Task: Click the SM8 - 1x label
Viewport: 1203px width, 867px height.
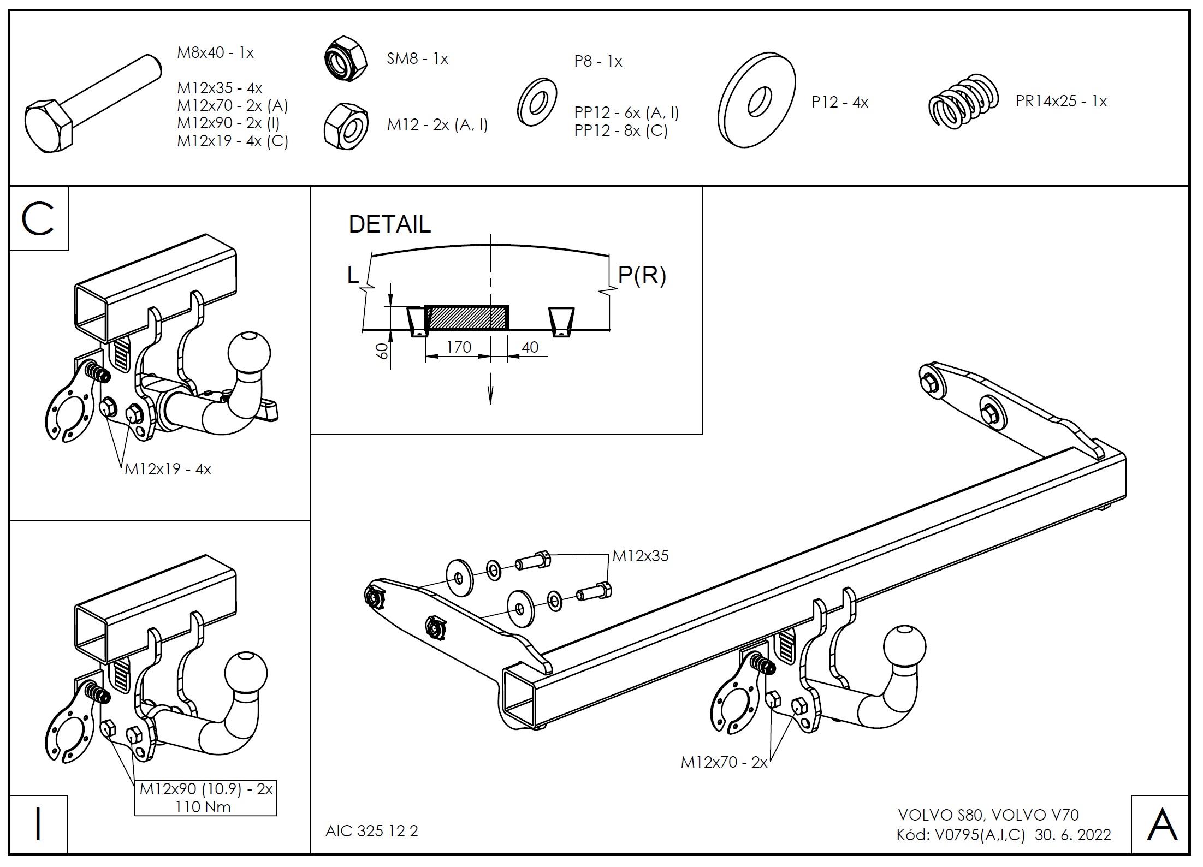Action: click(x=417, y=59)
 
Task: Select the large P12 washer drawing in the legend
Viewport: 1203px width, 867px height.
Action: click(x=756, y=100)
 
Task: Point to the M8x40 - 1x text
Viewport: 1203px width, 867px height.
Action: click(x=216, y=53)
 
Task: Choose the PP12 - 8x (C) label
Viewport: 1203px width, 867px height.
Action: click(x=621, y=131)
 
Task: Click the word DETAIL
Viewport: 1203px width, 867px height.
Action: click(x=389, y=224)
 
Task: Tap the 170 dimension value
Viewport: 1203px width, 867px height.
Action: click(x=459, y=347)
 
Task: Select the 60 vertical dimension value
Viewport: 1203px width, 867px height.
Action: click(x=383, y=351)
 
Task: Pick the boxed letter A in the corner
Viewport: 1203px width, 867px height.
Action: click(x=1162, y=824)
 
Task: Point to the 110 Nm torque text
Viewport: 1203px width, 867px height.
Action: click(x=203, y=807)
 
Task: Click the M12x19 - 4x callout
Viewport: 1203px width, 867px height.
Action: click(x=168, y=470)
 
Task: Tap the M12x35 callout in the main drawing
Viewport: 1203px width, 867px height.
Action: click(x=641, y=556)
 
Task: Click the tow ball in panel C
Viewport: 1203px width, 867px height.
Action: click(x=250, y=352)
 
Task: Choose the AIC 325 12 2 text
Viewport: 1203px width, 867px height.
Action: click(x=372, y=831)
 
